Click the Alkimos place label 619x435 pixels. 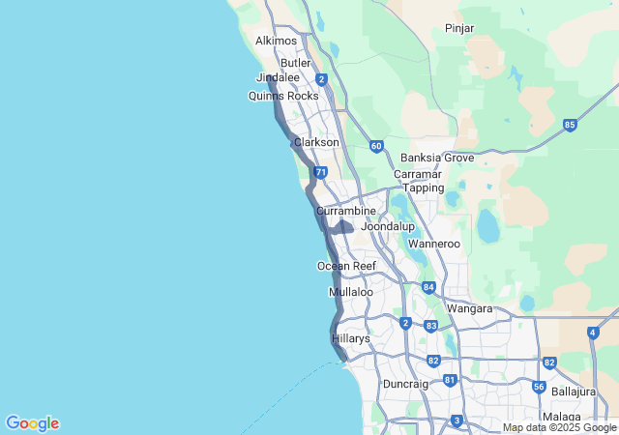click(x=276, y=41)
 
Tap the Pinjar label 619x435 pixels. click(x=459, y=28)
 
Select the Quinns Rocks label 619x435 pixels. click(x=282, y=96)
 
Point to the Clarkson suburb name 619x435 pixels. click(x=316, y=142)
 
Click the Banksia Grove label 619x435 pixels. click(x=437, y=158)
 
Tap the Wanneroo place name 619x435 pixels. click(x=433, y=244)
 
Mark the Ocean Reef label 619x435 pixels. click(x=346, y=266)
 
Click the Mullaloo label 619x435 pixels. click(x=351, y=291)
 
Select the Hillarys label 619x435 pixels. click(x=351, y=338)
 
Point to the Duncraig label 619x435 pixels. click(x=405, y=384)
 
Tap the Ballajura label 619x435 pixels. click(x=575, y=391)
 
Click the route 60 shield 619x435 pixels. click(x=375, y=146)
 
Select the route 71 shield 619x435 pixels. click(x=319, y=172)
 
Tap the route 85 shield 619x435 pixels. click(x=570, y=125)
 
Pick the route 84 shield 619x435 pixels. click(x=428, y=287)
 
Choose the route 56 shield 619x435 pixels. click(x=539, y=387)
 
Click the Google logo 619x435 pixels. click(x=32, y=423)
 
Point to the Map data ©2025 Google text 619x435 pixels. click(x=560, y=428)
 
